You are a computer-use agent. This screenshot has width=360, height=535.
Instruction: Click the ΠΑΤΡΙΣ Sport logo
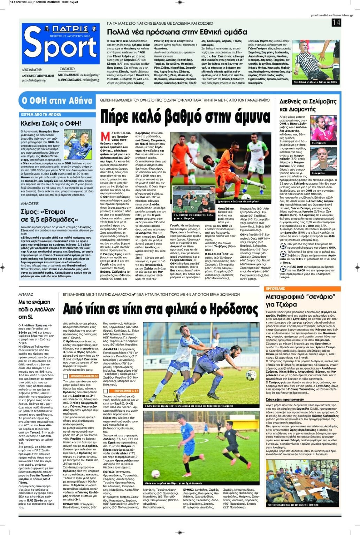[60, 44]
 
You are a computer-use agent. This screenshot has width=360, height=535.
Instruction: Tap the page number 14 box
[336, 23]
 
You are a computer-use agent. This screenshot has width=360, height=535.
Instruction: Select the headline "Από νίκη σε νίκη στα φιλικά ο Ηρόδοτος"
[160, 309]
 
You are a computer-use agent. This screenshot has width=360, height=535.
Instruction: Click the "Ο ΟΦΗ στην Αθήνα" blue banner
[57, 101]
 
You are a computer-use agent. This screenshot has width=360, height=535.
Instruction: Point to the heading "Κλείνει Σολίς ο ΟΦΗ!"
[51, 123]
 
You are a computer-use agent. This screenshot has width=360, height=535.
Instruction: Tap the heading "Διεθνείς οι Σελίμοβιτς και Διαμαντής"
[308, 105]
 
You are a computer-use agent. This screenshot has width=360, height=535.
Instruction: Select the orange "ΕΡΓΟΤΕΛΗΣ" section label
[275, 289]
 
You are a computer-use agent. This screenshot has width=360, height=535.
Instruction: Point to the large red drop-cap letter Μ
[105, 136]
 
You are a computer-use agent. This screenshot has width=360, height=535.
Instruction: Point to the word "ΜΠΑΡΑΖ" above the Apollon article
[26, 295]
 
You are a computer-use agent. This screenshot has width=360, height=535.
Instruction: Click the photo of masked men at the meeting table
[302, 482]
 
